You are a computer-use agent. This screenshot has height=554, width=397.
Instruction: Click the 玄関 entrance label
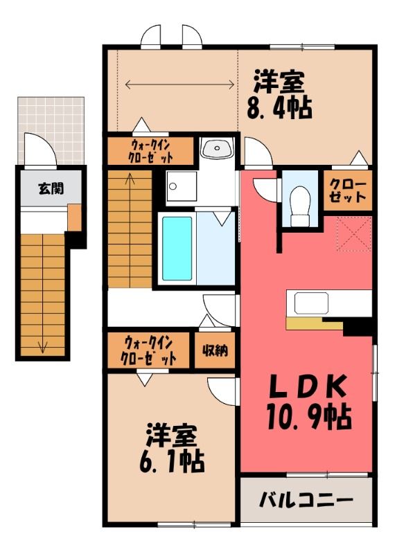51,189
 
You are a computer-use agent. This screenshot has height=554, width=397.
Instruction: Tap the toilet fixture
300,206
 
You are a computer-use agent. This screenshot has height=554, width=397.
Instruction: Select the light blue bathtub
177,249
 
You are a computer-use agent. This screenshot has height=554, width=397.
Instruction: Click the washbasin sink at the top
216,148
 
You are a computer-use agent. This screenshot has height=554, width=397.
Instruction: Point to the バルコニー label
306,500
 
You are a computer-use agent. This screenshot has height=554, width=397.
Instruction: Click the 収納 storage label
215,350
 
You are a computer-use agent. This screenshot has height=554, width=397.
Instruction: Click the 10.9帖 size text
308,417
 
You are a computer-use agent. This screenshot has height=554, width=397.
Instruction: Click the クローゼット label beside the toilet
348,190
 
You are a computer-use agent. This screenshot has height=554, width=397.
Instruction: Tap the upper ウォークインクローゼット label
151,150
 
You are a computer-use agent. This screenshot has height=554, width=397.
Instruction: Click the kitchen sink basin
311,303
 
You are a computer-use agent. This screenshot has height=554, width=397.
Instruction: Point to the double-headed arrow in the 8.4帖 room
179,84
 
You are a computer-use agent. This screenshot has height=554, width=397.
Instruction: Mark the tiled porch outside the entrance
51,130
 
